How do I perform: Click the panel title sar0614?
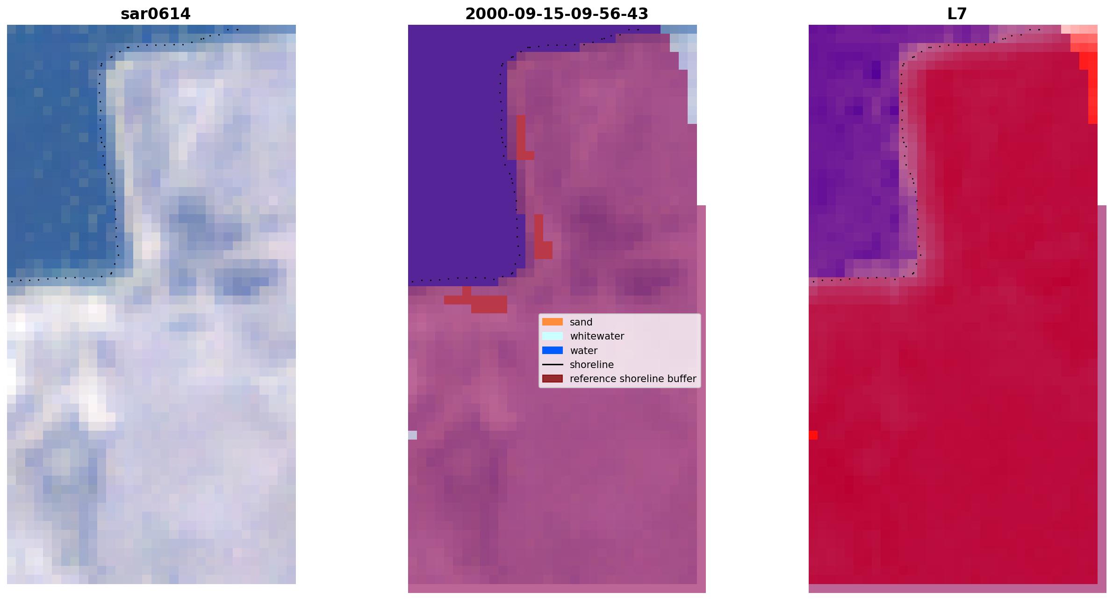(x=156, y=14)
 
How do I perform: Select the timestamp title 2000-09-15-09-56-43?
(x=556, y=14)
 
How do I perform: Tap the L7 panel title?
(x=957, y=14)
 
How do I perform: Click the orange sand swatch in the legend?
(x=552, y=322)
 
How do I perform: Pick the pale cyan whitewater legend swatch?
(x=552, y=336)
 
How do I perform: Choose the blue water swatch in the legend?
(x=552, y=350)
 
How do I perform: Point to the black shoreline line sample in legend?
(x=552, y=364)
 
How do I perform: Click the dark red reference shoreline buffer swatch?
(x=552, y=378)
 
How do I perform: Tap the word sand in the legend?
(x=581, y=322)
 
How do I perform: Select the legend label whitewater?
(x=597, y=336)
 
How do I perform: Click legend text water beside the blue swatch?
(x=583, y=351)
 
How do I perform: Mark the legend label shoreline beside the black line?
(x=591, y=365)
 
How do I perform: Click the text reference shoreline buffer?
(x=633, y=379)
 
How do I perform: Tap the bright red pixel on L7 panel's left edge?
(x=813, y=435)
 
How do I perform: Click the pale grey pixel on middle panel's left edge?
(x=412, y=435)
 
